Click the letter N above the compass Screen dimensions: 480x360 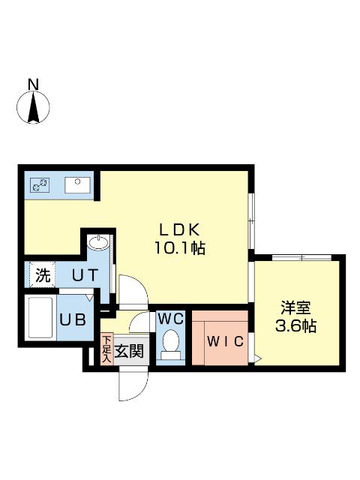click(x=34, y=84)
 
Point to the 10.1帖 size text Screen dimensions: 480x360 click(x=180, y=247)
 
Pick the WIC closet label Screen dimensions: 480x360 click(x=225, y=342)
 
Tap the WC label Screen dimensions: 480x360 click(x=171, y=318)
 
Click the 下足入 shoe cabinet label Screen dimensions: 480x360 click(x=106, y=349)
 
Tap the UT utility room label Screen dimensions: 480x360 click(x=83, y=275)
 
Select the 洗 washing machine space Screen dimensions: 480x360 click(x=42, y=275)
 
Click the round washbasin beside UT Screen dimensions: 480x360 click(x=97, y=243)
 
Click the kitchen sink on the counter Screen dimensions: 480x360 click(x=76, y=183)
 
